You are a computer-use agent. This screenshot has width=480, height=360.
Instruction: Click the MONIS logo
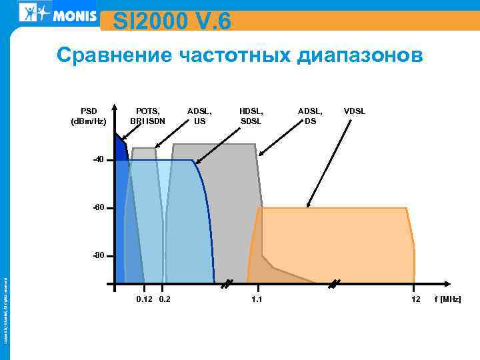[x=59, y=13]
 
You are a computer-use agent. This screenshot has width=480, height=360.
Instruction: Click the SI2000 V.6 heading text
[x=172, y=22]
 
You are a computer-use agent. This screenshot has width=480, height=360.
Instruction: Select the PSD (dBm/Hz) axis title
[x=89, y=116]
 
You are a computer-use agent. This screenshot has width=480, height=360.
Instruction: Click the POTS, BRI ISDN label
[x=147, y=116]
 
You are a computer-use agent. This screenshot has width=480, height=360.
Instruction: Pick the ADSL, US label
[x=199, y=116]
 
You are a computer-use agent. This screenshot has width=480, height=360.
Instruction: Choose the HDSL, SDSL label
[x=251, y=116]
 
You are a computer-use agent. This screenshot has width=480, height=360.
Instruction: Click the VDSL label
[x=355, y=111]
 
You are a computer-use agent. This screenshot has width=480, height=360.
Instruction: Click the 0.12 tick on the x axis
[x=143, y=299]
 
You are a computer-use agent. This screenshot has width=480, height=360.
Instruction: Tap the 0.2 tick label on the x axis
[x=163, y=299]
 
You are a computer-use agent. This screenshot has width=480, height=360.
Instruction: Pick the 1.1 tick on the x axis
[x=257, y=299]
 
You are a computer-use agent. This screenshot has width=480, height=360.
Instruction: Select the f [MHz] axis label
[x=447, y=299]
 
